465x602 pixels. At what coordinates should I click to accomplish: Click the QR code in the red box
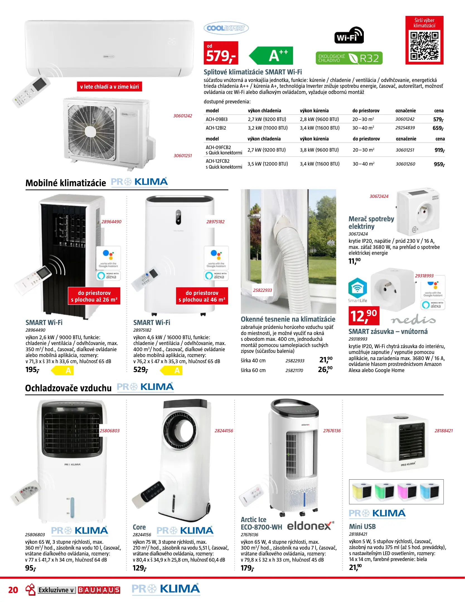click(x=424, y=46)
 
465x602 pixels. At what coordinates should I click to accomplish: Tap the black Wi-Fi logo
click(x=349, y=35)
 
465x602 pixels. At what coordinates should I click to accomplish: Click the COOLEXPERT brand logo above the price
click(x=226, y=28)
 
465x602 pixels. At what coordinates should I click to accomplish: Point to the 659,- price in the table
click(x=438, y=128)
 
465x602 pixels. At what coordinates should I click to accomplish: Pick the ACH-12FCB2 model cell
click(x=218, y=161)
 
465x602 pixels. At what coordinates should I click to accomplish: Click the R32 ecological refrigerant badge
click(x=349, y=58)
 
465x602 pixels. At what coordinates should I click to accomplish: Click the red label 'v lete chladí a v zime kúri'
click(x=109, y=87)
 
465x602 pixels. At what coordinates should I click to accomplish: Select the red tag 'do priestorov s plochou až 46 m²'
click(x=202, y=296)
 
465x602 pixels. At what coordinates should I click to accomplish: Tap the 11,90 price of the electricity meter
click(x=354, y=261)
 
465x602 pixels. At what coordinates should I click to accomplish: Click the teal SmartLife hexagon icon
click(x=357, y=288)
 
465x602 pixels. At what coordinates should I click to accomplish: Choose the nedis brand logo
click(x=413, y=320)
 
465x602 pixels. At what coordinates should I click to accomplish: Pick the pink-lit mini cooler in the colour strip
click(x=407, y=492)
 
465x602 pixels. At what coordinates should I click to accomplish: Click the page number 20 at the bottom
click(x=13, y=590)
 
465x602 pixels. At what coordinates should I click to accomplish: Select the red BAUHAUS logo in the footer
click(x=99, y=590)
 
